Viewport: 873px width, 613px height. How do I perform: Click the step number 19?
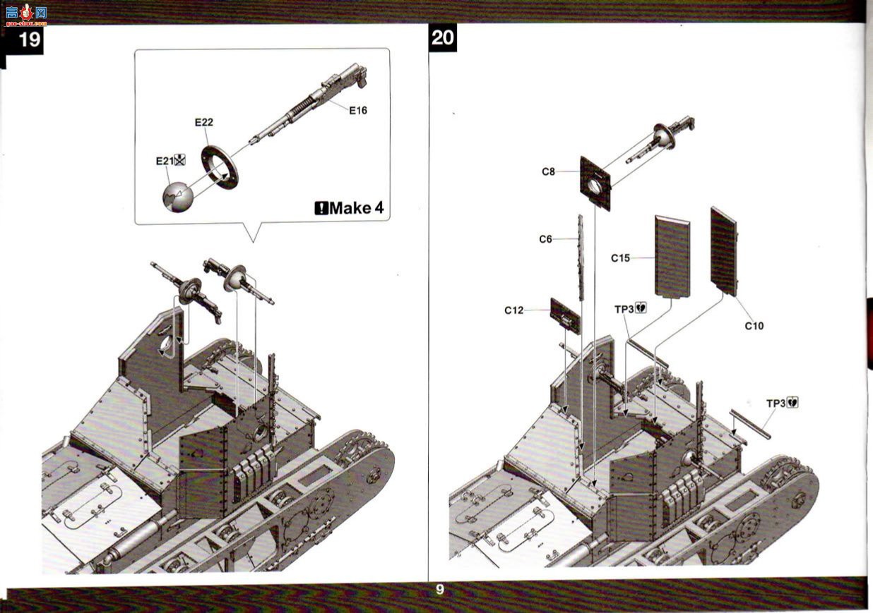pos(30,39)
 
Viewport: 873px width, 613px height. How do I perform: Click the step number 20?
pos(443,38)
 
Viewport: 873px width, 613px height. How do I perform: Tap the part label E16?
pos(358,111)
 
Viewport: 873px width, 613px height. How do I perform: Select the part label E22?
pos(204,122)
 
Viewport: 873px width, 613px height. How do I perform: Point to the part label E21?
pos(165,161)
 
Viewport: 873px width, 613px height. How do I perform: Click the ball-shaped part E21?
pos(178,197)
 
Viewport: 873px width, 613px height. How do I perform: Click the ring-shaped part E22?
pos(220,167)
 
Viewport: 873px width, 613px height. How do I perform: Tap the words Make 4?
pos(357,208)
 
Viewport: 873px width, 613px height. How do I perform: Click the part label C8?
pos(548,171)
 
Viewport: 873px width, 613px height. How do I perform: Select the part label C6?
pos(545,239)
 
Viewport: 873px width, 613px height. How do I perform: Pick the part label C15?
pos(620,258)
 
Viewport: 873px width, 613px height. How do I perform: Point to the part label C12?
pos(513,310)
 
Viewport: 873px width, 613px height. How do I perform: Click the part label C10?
pos(754,326)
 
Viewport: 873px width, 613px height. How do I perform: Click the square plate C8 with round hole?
pos(595,183)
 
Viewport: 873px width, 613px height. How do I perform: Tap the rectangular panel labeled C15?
pos(672,257)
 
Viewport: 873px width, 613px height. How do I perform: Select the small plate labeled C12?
pos(565,316)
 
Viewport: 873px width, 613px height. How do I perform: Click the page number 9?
pos(439,590)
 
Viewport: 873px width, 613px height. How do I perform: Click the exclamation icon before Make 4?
pos(321,208)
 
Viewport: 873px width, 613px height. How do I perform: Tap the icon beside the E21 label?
pos(180,159)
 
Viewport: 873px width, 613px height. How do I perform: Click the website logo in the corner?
pos(26,15)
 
